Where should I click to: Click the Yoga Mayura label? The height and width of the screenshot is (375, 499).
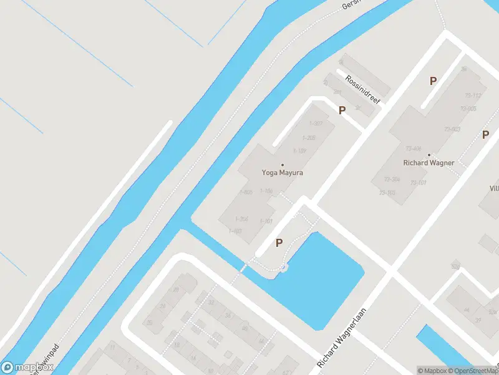282,172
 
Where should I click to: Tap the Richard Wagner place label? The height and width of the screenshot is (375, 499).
429,162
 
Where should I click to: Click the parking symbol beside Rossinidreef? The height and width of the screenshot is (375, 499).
342,111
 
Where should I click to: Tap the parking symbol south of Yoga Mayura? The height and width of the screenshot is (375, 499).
279,243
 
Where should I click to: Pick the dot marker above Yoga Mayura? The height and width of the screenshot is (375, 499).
282,165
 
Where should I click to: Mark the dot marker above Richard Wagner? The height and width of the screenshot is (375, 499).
429,154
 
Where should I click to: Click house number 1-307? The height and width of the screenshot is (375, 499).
316,124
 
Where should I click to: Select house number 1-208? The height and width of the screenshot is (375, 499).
308,137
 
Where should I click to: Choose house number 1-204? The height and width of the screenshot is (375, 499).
242,219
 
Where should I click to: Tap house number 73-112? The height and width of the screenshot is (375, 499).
472,96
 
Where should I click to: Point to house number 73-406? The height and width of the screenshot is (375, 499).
414,149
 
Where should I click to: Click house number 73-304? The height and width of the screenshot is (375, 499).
392,179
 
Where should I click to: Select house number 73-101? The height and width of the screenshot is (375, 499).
418,182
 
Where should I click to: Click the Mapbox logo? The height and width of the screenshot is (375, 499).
27,367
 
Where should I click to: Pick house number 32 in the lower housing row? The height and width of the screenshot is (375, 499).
211,302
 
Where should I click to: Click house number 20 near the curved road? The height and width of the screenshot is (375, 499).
150,322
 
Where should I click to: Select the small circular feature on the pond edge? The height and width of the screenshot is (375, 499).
284,267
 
